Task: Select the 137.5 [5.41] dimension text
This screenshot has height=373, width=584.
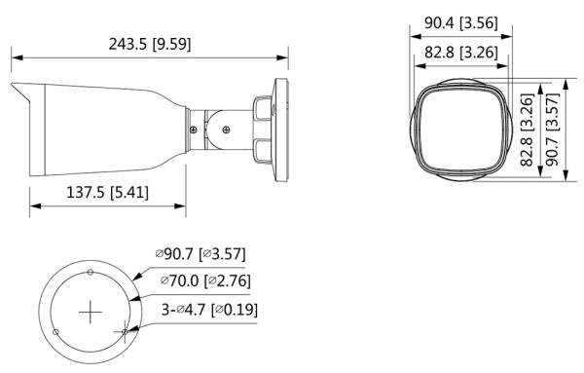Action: pyautogui.click(x=108, y=192)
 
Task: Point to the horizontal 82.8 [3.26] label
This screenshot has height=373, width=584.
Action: pyautogui.click(x=461, y=51)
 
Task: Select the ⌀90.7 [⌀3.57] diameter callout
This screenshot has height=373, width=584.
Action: pyautogui.click(x=200, y=255)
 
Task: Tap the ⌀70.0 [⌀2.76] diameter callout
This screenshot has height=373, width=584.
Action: pyautogui.click(x=200, y=283)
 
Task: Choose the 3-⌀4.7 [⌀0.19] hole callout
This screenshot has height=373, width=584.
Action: pyautogui.click(x=200, y=311)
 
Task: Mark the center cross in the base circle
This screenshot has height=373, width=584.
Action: pyautogui.click(x=90, y=312)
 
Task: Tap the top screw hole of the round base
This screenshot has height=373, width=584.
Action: pyautogui.click(x=90, y=270)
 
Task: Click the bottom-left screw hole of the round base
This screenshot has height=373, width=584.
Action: pyautogui.click(x=56, y=333)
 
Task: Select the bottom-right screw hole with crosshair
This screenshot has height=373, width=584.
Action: pyautogui.click(x=124, y=332)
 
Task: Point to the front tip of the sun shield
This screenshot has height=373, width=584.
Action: pyautogui.click(x=14, y=87)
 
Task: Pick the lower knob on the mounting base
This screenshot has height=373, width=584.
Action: pyautogui.click(x=264, y=148)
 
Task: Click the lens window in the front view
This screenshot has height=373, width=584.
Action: pyautogui.click(x=460, y=127)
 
